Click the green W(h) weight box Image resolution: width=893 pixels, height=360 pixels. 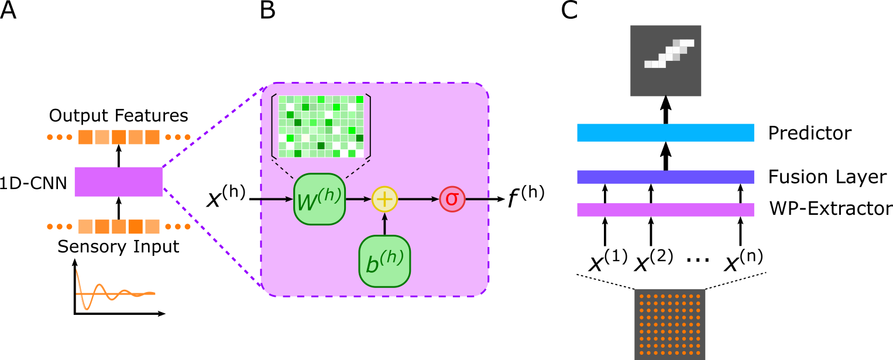[x=319, y=199]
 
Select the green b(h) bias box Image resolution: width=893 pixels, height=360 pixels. [x=384, y=261]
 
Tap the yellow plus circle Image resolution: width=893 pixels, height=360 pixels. [x=384, y=199]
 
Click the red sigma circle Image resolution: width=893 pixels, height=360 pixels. [x=452, y=199]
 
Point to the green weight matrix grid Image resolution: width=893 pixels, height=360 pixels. [x=321, y=126]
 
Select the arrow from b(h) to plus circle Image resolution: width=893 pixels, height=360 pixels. [x=384, y=224]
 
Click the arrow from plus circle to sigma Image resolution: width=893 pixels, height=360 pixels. [x=418, y=199]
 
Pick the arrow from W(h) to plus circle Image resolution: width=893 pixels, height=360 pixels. [x=358, y=199]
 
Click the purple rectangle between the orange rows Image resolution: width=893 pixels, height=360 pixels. [x=118, y=181]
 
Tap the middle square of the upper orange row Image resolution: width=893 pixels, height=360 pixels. [x=119, y=137]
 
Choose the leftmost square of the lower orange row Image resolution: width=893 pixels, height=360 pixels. [x=85, y=227]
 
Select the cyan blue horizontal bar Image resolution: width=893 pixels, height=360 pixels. [x=665, y=132]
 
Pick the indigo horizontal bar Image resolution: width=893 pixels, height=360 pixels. [x=665, y=177]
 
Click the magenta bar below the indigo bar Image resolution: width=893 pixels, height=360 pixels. [x=665, y=210]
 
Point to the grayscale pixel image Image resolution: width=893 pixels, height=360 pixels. [x=666, y=61]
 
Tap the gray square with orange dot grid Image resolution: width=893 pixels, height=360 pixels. [x=670, y=324]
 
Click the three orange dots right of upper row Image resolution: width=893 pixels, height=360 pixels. [x=177, y=137]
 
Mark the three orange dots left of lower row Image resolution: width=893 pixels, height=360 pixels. [x=60, y=227]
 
